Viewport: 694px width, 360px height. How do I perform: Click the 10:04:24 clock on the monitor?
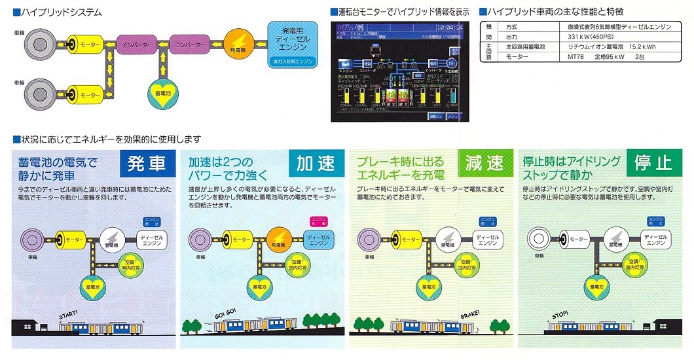[x=450, y=28]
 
